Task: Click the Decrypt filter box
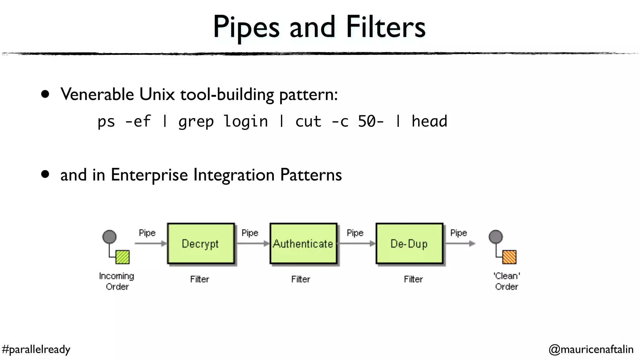pyautogui.click(x=201, y=243)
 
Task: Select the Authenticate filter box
pyautogui.click(x=303, y=243)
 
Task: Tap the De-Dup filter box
pyautogui.click(x=409, y=243)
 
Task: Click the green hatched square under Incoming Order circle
pyautogui.click(x=122, y=257)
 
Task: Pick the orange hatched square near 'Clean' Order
pyautogui.click(x=509, y=257)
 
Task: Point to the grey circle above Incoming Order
pyautogui.click(x=109, y=237)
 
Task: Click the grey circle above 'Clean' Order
pyautogui.click(x=496, y=237)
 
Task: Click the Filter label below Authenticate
pyautogui.click(x=301, y=279)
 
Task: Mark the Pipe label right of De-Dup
pyautogui.click(x=458, y=233)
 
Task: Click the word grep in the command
pyautogui.click(x=196, y=122)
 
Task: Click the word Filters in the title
pyautogui.click(x=386, y=27)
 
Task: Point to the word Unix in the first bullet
pyautogui.click(x=157, y=94)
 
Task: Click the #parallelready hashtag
pyautogui.click(x=36, y=349)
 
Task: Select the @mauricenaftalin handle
pyautogui.click(x=591, y=349)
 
